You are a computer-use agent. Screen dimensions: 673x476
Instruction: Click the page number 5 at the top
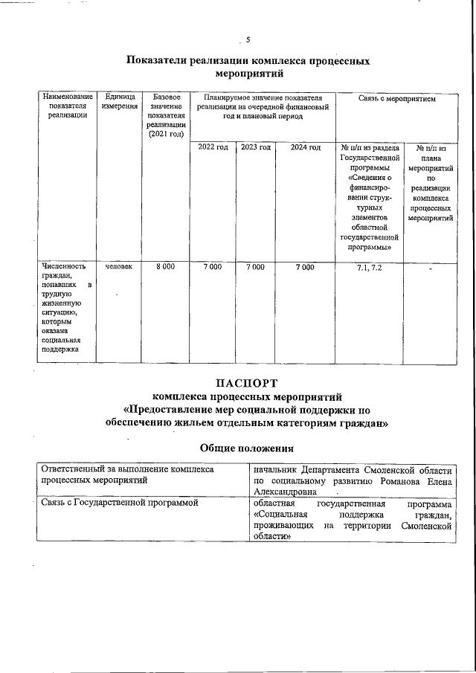coord(248,41)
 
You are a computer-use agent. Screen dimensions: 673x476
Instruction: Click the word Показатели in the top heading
coord(155,61)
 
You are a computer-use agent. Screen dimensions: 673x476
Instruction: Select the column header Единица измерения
coord(120,102)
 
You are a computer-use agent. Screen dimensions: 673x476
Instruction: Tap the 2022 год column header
coord(213,147)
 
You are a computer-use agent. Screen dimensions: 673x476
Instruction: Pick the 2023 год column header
coord(255,147)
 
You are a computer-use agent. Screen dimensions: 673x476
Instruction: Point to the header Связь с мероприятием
coord(396,97)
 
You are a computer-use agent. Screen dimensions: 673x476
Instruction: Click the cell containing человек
coord(120,266)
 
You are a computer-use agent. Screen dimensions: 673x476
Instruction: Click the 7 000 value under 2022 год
coord(213,266)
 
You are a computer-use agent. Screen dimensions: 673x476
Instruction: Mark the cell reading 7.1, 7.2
coord(370,266)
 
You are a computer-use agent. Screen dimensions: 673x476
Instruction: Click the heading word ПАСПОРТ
coord(246,383)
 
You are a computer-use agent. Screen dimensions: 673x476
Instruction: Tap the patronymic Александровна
coord(286,492)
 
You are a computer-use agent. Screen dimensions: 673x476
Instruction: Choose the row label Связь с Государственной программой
coord(120,503)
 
